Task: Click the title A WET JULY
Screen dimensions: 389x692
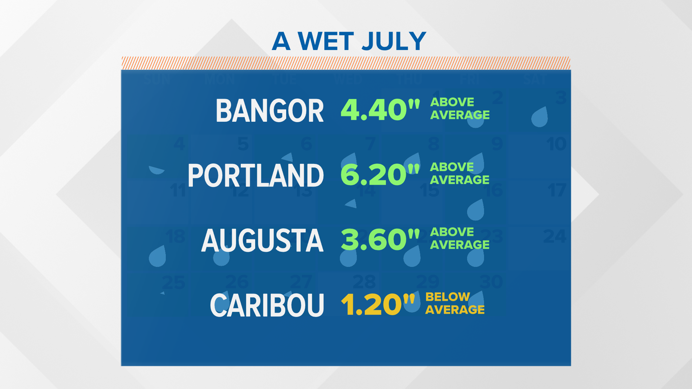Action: click(349, 41)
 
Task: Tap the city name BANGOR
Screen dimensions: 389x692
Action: click(270, 111)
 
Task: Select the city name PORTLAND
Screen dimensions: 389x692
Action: click(256, 175)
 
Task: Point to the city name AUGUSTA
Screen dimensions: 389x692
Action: click(262, 240)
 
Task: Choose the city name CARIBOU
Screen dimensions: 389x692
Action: click(267, 305)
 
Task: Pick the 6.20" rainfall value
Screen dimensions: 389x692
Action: click(380, 174)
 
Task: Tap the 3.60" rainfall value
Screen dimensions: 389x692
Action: click(380, 239)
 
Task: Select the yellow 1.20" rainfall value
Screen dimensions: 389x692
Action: click(378, 304)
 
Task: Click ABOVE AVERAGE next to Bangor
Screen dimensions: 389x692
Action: click(460, 108)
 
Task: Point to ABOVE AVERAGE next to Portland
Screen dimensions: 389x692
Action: click(460, 173)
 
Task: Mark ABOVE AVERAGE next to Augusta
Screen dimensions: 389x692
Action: click(460, 238)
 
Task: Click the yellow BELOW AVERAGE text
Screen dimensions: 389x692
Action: click(455, 303)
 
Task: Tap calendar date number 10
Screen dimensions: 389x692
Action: click(556, 144)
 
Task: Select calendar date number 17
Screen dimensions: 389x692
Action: click(557, 190)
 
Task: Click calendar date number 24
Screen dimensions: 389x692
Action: click(555, 237)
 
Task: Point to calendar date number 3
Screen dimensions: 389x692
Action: click(561, 98)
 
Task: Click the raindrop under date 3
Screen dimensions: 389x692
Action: click(540, 117)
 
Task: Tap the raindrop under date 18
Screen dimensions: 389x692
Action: click(158, 256)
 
